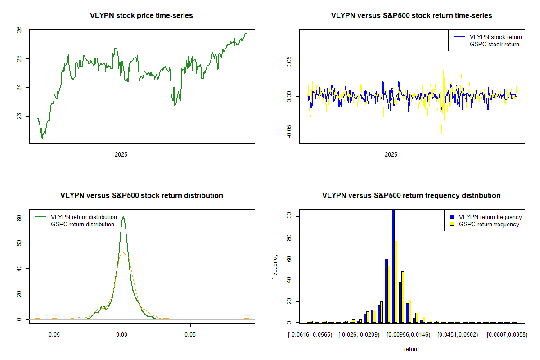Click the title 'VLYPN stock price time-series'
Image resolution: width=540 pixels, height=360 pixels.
[x=141, y=16]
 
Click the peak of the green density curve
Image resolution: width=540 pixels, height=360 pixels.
[x=123, y=217]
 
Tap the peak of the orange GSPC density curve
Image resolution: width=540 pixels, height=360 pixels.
[x=122, y=252]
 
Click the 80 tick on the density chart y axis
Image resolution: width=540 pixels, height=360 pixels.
[x=20, y=218]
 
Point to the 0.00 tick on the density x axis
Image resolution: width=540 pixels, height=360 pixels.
[x=122, y=335]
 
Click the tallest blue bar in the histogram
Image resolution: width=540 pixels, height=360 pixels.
[x=393, y=265]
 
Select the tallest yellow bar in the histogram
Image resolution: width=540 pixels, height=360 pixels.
[x=396, y=281]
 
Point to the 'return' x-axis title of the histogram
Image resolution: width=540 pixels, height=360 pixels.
[x=411, y=349]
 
